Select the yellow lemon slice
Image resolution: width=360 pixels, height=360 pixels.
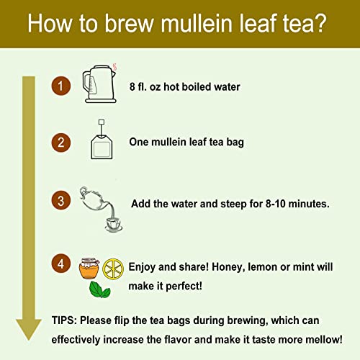[x=113, y=268]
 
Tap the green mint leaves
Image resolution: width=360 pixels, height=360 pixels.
[x=99, y=289]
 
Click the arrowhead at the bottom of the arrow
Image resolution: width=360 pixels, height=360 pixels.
[x=28, y=328]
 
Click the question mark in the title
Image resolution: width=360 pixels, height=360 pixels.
[x=325, y=27]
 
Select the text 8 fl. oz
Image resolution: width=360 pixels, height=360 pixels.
[x=151, y=87]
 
